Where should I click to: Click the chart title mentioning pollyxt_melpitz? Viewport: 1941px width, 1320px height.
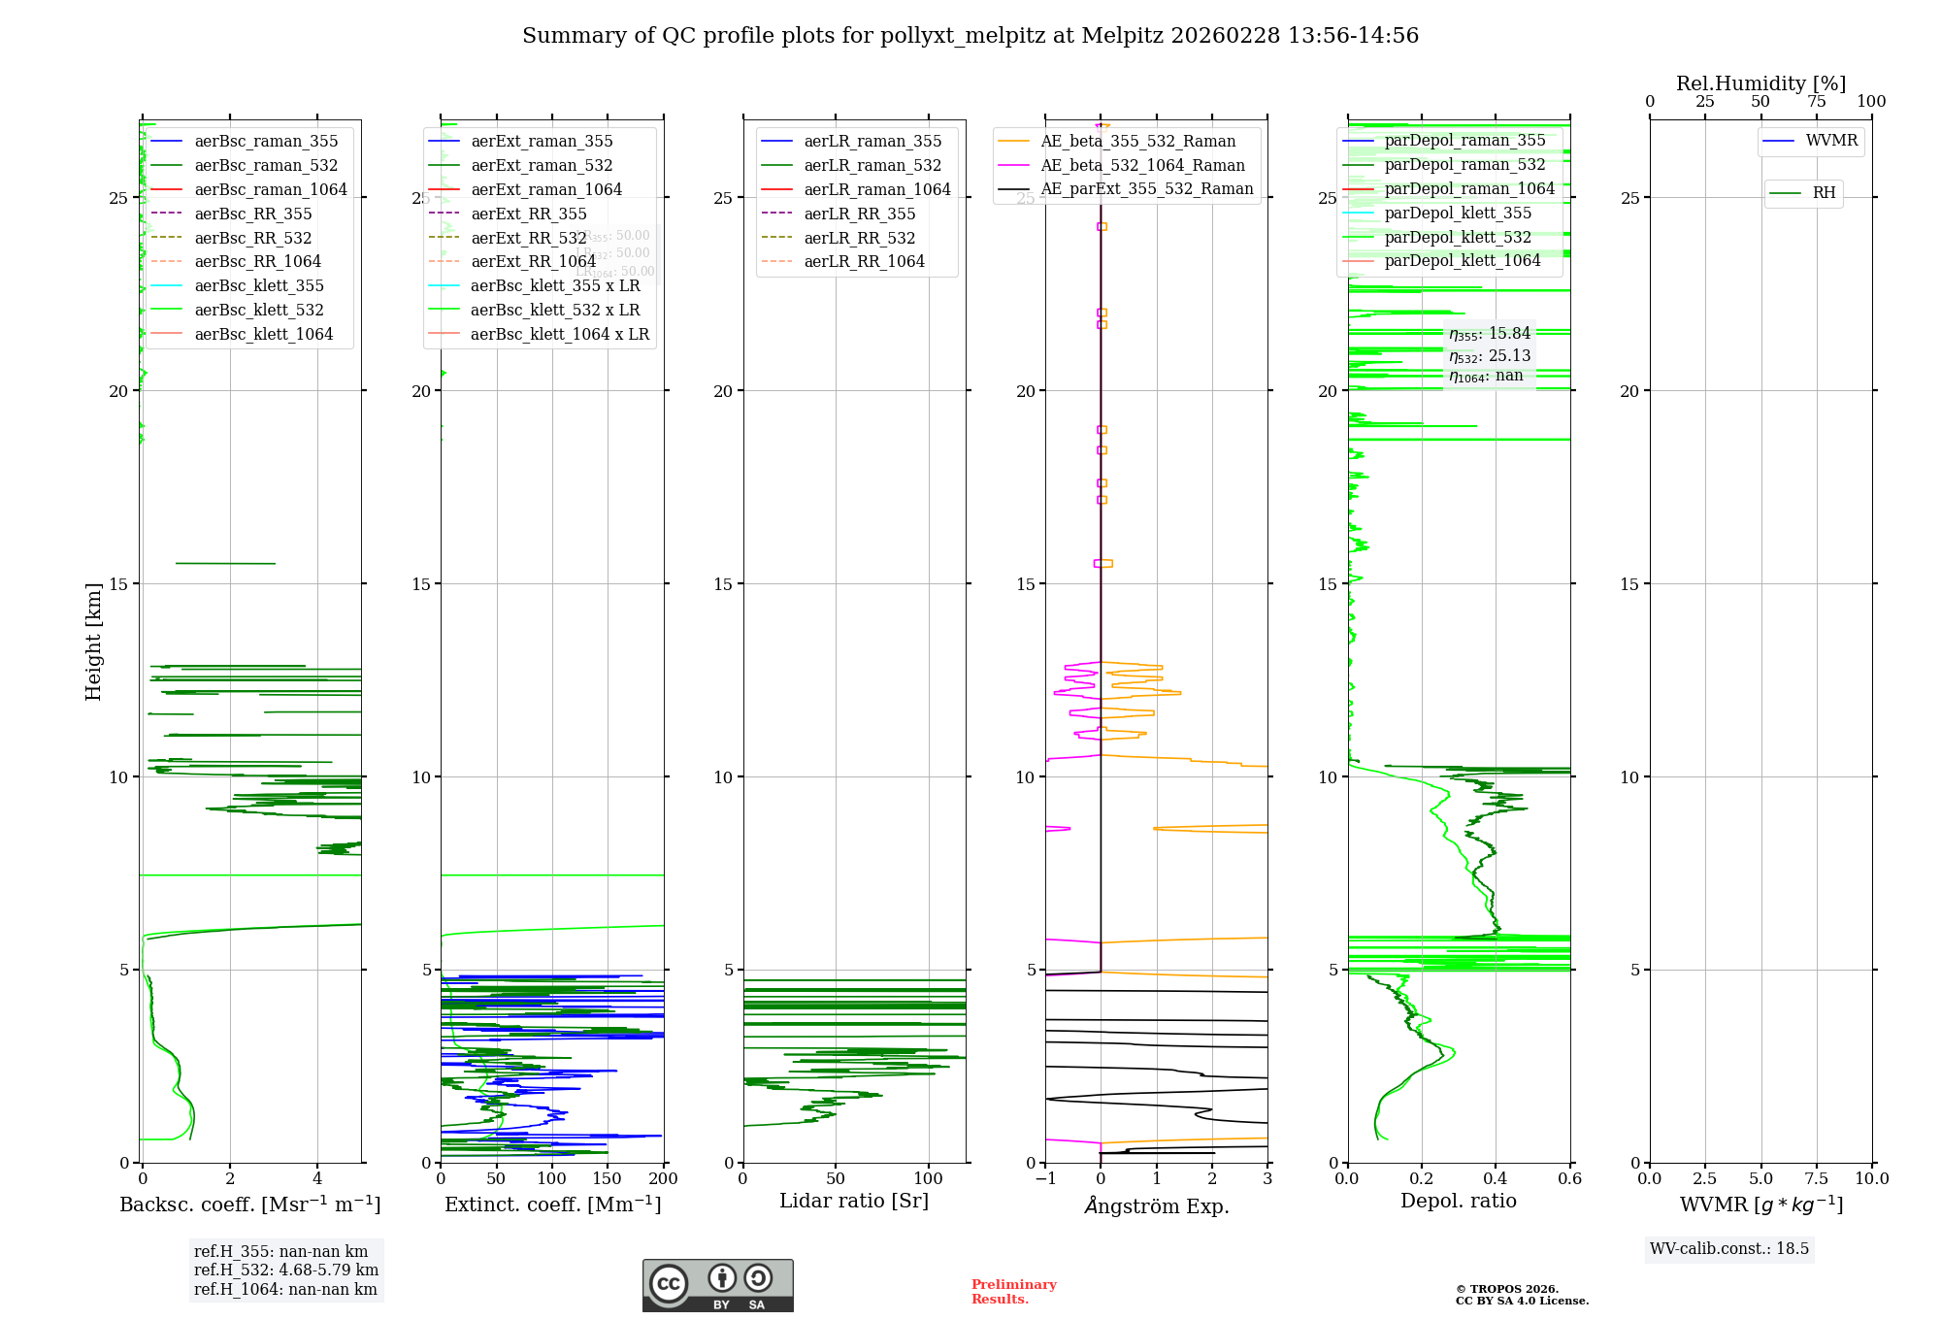tap(970, 36)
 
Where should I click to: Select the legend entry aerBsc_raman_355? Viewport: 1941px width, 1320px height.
tap(266, 142)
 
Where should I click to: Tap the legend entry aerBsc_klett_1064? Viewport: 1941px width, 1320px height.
tap(263, 334)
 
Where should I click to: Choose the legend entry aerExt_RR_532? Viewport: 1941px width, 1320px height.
tap(528, 238)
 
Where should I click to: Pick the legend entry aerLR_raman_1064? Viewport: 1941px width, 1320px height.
tap(877, 189)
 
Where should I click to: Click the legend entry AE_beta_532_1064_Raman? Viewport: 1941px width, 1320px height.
tap(1142, 165)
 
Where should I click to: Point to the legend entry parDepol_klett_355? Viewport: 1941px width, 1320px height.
tap(1458, 213)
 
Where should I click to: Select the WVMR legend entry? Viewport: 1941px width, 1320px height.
tap(1831, 141)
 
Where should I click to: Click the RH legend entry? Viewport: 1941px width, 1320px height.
tap(1824, 193)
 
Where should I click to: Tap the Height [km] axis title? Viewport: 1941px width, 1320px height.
tap(93, 642)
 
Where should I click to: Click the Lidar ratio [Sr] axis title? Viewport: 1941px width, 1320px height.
tap(854, 1201)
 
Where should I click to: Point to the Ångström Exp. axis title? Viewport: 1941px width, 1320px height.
tap(1157, 1205)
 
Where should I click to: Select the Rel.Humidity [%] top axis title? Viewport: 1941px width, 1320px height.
tap(1760, 83)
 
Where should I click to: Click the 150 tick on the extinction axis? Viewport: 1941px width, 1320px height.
tap(608, 1178)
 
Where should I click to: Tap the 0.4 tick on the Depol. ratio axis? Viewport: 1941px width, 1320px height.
tap(1496, 1178)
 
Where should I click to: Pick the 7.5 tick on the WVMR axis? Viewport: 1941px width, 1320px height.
tap(1816, 1178)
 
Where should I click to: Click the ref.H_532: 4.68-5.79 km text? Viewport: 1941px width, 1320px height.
tap(286, 1270)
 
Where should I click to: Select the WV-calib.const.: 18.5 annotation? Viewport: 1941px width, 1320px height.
tap(1729, 1248)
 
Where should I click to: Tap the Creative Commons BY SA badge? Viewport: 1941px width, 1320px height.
tap(717, 1285)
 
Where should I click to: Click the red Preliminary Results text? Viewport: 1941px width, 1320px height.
tap(1013, 1291)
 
